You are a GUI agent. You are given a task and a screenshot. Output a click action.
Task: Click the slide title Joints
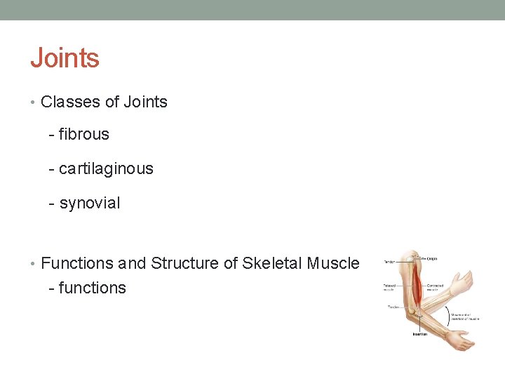click(x=65, y=58)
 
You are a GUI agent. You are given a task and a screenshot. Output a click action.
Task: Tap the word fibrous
click(x=84, y=134)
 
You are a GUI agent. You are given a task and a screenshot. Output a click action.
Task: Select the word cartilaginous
click(x=106, y=169)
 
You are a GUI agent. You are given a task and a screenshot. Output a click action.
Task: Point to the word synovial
click(x=90, y=204)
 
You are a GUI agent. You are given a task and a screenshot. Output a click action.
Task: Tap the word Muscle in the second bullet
click(x=332, y=263)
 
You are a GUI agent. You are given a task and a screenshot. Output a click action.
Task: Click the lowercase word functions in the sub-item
click(x=93, y=288)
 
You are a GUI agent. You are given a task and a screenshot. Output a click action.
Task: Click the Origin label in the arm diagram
click(x=431, y=258)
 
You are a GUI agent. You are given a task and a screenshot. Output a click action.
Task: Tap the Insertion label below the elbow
click(x=419, y=333)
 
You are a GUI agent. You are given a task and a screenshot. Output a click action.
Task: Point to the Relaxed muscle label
click(x=390, y=287)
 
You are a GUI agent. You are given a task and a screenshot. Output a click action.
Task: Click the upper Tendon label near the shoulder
click(x=389, y=262)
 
